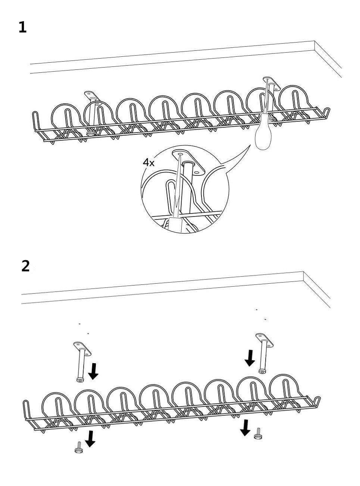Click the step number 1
[x=23, y=27]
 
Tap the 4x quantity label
[x=148, y=162]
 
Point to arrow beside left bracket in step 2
[x=93, y=371]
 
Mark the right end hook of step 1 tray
[x=326, y=112]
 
